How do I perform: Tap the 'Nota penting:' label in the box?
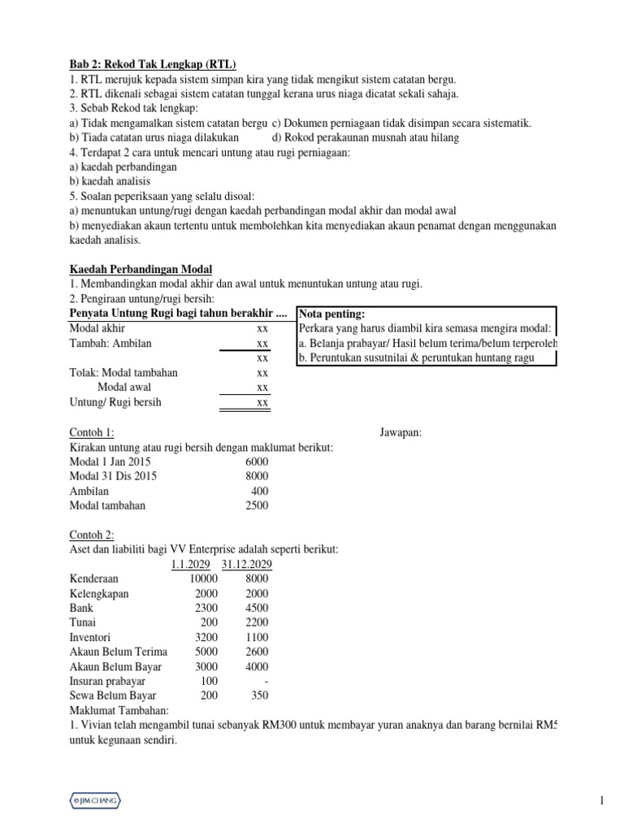[x=332, y=314]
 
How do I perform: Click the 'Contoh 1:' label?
[x=92, y=432]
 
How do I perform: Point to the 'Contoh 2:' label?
[x=92, y=535]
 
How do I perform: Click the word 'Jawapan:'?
[x=401, y=432]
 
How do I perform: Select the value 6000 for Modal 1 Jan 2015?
[x=256, y=461]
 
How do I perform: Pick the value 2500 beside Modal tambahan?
[x=256, y=505]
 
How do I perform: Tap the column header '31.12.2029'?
[x=245, y=564]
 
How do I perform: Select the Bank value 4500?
[x=257, y=608]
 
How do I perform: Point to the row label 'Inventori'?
[x=90, y=637]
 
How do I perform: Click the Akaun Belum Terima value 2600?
[x=257, y=652]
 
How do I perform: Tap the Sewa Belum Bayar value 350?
[x=260, y=695]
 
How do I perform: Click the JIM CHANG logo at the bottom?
[x=95, y=801]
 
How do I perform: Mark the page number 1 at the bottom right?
[x=602, y=801]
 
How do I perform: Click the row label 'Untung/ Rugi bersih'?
[x=115, y=402]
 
